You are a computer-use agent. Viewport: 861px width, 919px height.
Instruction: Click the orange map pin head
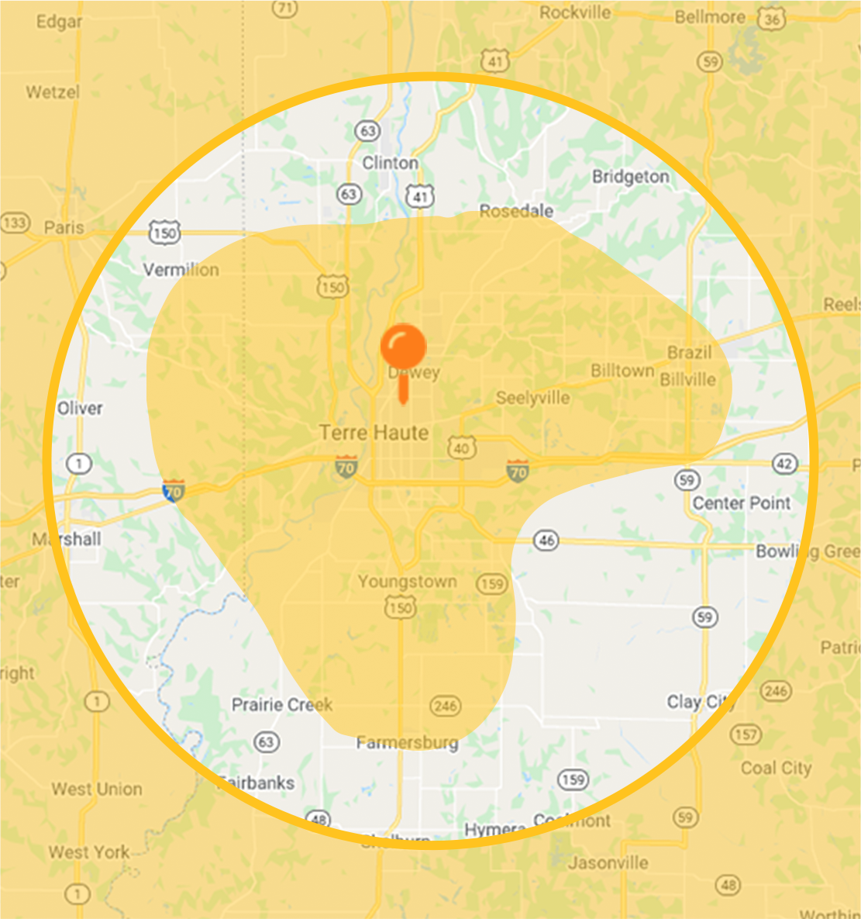403,346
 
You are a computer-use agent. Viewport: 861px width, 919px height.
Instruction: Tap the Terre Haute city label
374,433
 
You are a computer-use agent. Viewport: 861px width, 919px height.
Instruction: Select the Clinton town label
390,163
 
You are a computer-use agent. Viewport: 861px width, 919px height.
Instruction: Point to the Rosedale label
516,211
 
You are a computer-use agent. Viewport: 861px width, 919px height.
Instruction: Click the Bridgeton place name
630,177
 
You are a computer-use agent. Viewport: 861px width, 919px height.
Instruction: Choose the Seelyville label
532,399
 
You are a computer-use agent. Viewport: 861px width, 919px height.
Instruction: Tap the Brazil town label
689,353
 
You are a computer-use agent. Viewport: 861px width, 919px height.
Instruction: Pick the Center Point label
741,503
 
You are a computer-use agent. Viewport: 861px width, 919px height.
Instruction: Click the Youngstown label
407,582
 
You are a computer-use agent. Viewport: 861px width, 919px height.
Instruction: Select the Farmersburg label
407,743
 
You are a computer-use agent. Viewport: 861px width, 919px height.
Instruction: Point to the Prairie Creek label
282,705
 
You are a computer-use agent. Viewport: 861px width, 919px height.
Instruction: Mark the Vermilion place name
181,270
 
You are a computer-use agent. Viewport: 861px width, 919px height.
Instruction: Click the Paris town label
64,227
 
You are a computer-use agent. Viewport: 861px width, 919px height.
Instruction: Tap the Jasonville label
608,862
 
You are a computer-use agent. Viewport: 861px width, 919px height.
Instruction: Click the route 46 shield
546,540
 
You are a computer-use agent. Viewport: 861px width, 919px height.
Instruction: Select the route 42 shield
785,464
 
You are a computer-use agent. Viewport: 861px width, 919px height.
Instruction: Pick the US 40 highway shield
462,448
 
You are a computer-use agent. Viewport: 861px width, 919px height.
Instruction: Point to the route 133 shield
13,223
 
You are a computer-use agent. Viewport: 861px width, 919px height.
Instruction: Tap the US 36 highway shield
771,19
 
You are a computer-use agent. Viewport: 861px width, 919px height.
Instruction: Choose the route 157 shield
746,734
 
